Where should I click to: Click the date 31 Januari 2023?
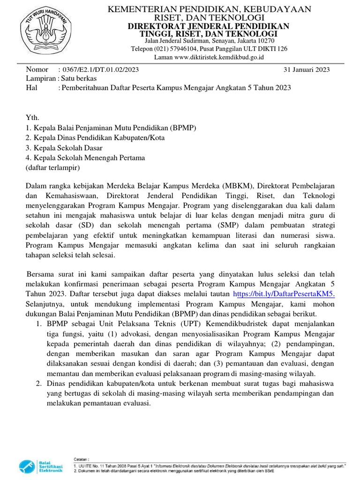307,70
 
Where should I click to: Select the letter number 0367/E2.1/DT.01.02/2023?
100,70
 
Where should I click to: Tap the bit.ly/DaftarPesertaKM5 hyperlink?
284,294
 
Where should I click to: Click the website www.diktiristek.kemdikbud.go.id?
219,57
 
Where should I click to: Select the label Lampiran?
40,79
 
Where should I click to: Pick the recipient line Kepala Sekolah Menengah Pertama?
85,158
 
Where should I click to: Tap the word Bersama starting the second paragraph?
42,274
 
